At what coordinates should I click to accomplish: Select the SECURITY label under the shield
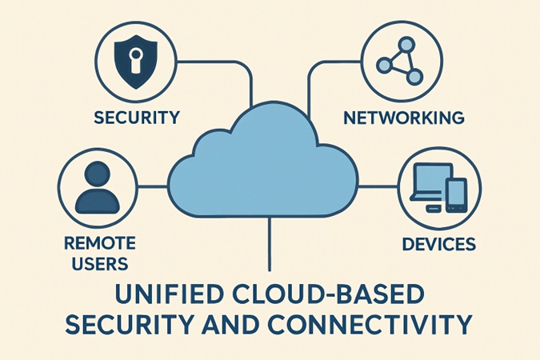point(136,118)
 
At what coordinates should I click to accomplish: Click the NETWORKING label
point(404,118)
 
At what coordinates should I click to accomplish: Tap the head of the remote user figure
point(97,174)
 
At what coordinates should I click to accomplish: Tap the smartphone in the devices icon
point(456,194)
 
